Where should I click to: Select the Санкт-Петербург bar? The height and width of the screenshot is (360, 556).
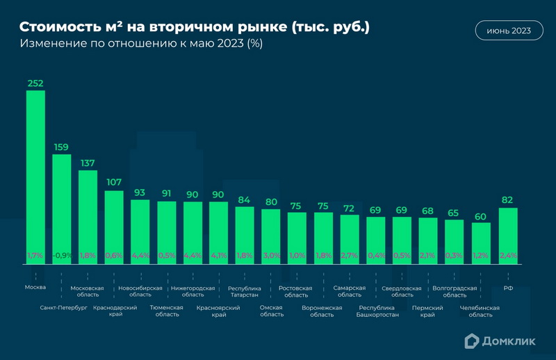pyautogui.click(x=62, y=208)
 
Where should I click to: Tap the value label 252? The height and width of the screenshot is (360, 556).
pyautogui.click(x=35, y=83)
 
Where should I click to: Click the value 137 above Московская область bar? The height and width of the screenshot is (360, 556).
pyautogui.click(x=88, y=163)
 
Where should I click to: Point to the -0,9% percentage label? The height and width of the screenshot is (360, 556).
pyautogui.click(x=61, y=255)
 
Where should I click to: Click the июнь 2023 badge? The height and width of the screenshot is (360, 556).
pyautogui.click(x=503, y=31)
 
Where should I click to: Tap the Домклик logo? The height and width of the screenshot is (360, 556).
pyautogui.click(x=491, y=340)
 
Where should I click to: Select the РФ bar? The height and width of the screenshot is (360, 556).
pyautogui.click(x=508, y=236)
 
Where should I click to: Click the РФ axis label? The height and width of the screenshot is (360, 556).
pyautogui.click(x=508, y=288)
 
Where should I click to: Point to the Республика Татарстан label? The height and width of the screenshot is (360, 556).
pyautogui.click(x=245, y=292)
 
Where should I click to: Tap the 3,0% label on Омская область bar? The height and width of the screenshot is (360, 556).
pyautogui.click(x=271, y=255)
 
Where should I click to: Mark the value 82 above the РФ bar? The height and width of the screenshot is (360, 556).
pyautogui.click(x=508, y=200)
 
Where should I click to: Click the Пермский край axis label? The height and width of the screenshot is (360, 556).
pyautogui.click(x=428, y=311)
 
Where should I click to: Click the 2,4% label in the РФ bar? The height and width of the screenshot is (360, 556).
pyautogui.click(x=508, y=255)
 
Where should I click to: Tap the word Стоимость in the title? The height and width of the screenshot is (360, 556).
pyautogui.click(x=59, y=27)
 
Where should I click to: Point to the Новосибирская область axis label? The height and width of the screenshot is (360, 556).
pyautogui.click(x=140, y=292)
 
